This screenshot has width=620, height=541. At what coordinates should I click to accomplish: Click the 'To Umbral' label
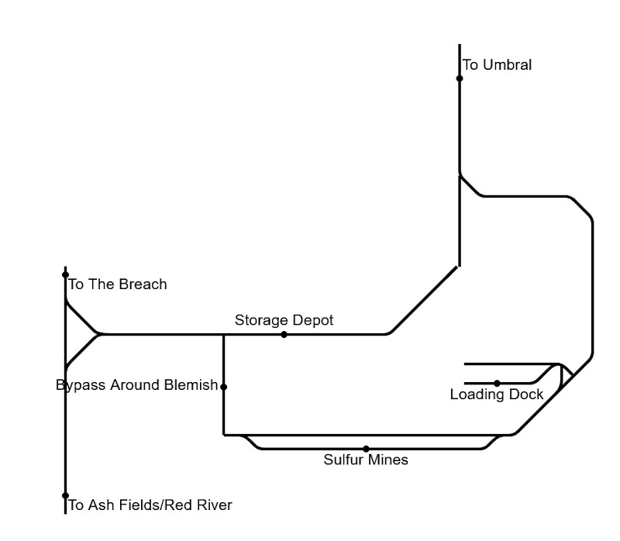tap(497, 65)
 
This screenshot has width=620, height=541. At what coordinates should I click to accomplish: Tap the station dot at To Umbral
tap(460, 78)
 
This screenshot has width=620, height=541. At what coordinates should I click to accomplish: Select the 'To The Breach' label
tap(118, 284)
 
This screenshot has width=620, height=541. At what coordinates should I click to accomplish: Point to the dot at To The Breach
tap(66, 274)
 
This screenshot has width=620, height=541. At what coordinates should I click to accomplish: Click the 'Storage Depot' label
tap(284, 320)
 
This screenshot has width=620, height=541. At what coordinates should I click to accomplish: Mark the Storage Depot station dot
tap(284, 335)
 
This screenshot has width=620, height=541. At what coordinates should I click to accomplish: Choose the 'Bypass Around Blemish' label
tap(137, 385)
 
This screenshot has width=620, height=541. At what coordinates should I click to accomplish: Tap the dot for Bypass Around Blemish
tap(224, 387)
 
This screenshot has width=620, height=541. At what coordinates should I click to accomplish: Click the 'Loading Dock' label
tap(496, 395)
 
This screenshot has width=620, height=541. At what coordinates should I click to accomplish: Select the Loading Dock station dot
tap(497, 383)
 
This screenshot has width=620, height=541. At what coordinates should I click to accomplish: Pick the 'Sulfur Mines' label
tap(366, 460)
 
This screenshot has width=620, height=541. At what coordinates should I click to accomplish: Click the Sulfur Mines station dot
tap(366, 449)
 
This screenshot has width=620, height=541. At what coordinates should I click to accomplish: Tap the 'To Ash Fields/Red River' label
tap(150, 506)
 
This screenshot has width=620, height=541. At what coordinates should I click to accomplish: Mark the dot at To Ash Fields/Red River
tap(66, 496)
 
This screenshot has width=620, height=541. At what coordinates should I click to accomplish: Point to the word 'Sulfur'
tap(343, 460)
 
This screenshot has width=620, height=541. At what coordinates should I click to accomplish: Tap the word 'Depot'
tap(314, 320)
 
